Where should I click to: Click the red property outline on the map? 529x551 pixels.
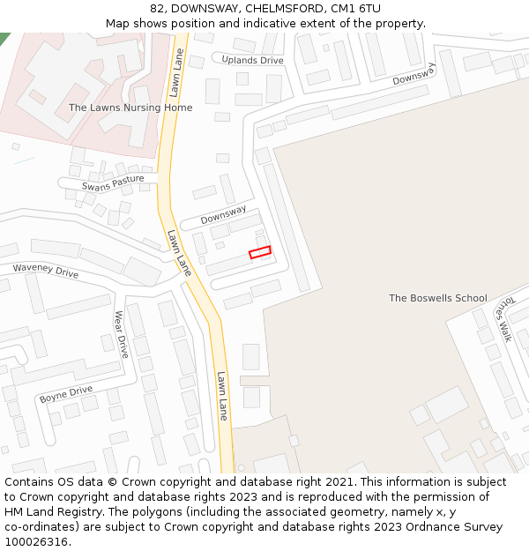[x=259, y=252]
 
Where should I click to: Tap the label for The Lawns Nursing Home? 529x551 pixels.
[x=130, y=108]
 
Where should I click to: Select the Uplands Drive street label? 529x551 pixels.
[x=252, y=60]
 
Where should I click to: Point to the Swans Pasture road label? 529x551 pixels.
[x=113, y=183]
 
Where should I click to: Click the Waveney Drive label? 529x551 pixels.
[x=45, y=270]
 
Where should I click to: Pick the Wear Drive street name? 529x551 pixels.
[x=122, y=333]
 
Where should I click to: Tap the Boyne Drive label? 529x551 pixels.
[x=66, y=394]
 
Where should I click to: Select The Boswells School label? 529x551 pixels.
[x=437, y=298]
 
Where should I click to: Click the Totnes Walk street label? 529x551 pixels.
[x=503, y=317]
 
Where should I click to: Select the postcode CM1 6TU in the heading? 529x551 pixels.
[x=357, y=8]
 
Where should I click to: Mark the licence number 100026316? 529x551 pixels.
[x=35, y=542]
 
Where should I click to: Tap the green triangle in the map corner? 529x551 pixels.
[x=4, y=37]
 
